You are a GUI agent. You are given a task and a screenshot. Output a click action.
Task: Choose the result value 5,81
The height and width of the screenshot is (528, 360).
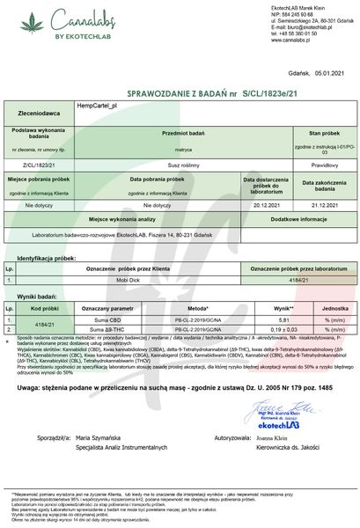pos(283,319)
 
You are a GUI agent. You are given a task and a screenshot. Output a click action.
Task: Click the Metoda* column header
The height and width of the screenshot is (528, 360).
pos(198,310)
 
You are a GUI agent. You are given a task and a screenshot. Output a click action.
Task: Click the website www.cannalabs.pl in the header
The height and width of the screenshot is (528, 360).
pos(272,40)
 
